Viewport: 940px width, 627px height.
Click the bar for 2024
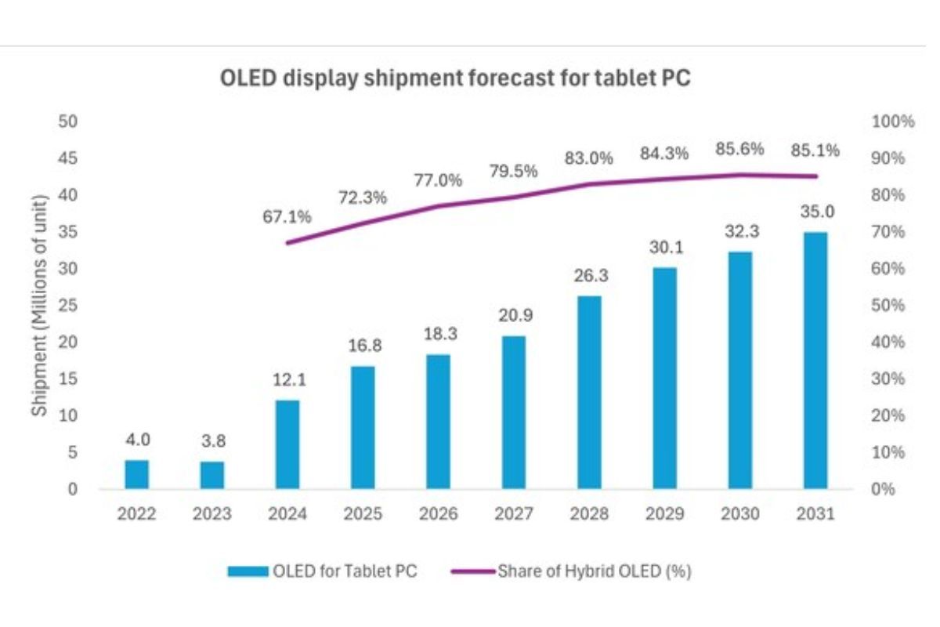tap(287, 444)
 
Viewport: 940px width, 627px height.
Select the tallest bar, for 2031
tap(815, 361)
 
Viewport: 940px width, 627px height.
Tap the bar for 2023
tap(212, 475)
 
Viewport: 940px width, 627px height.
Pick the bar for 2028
tap(589, 392)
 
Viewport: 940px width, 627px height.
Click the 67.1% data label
tap(287, 216)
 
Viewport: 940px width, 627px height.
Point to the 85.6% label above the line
tap(739, 149)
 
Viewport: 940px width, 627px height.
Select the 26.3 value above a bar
tap(589, 276)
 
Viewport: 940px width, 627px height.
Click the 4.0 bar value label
tap(136, 440)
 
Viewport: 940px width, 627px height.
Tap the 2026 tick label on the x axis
tap(438, 514)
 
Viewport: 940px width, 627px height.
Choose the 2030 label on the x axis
tap(739, 514)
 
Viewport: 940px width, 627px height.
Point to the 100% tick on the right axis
tap(892, 121)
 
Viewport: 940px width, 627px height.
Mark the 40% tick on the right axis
tap(889, 342)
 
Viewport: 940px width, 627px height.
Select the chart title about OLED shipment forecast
tap(455, 80)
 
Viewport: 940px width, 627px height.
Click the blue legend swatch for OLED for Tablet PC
tap(248, 571)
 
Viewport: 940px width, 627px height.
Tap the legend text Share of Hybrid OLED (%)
tap(594, 571)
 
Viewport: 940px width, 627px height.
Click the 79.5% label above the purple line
tap(513, 171)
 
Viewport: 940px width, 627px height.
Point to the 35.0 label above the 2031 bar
tap(815, 212)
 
